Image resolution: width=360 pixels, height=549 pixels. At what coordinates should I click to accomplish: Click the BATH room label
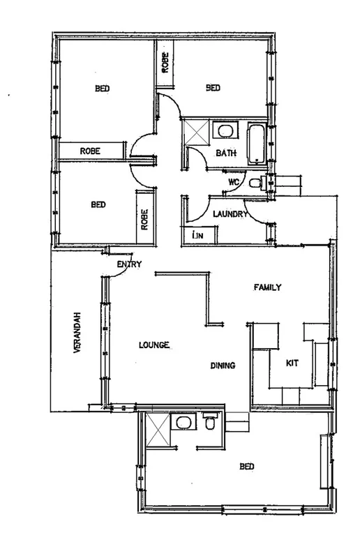pyautogui.click(x=225, y=153)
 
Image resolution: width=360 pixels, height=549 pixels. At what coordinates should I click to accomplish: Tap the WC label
pyautogui.click(x=234, y=183)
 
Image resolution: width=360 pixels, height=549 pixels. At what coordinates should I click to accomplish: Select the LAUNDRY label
pyautogui.click(x=230, y=214)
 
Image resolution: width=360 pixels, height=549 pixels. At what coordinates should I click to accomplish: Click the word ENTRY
pyautogui.click(x=130, y=264)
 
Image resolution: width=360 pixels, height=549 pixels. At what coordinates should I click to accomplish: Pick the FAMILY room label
pyautogui.click(x=267, y=287)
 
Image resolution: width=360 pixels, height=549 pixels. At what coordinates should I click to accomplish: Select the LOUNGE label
pyautogui.click(x=155, y=345)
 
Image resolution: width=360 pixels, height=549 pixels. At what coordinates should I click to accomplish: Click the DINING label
pyautogui.click(x=223, y=366)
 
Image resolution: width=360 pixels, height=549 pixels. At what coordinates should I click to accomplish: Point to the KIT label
pyautogui.click(x=293, y=363)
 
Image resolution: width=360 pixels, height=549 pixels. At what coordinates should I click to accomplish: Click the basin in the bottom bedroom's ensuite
pyautogui.click(x=183, y=423)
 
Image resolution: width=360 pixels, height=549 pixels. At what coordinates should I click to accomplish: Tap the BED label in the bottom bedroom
pyautogui.click(x=246, y=467)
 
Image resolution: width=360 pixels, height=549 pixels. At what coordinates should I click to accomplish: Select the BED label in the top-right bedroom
pyautogui.click(x=213, y=88)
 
